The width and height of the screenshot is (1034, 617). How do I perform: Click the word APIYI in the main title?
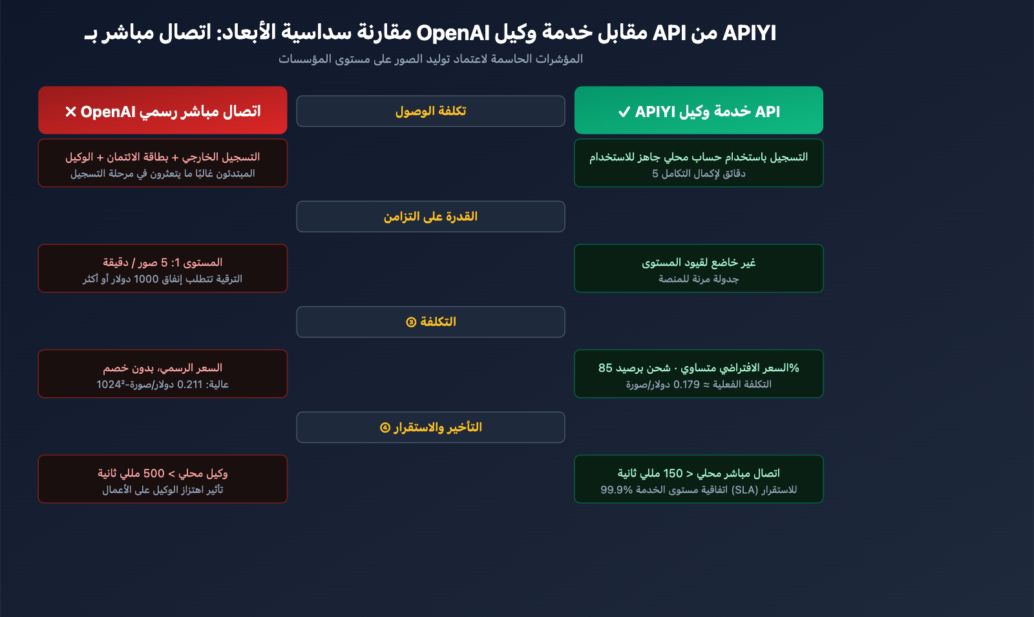click(750, 32)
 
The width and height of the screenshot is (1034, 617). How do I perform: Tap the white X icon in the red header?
click(70, 112)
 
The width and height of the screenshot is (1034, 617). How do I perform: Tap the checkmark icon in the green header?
click(624, 112)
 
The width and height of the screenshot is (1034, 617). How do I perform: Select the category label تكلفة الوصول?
click(430, 111)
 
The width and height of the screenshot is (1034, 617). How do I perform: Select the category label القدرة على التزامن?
click(430, 217)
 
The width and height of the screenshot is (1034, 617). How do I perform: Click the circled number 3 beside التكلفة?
click(411, 322)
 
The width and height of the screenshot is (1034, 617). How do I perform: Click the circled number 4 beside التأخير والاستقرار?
click(385, 428)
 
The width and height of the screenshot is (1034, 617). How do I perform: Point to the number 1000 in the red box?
click(146, 279)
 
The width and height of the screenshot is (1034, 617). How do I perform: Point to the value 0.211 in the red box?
click(190, 384)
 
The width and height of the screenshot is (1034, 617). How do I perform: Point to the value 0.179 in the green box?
click(686, 384)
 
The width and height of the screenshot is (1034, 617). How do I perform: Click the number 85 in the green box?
click(605, 368)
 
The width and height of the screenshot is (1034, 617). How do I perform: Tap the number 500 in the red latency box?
click(154, 473)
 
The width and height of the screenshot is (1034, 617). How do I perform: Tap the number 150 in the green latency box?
click(673, 473)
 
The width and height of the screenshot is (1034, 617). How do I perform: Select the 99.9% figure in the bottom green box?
click(617, 490)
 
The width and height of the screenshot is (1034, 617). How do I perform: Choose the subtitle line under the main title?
click(430, 59)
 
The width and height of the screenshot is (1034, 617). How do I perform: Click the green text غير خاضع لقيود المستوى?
click(699, 263)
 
